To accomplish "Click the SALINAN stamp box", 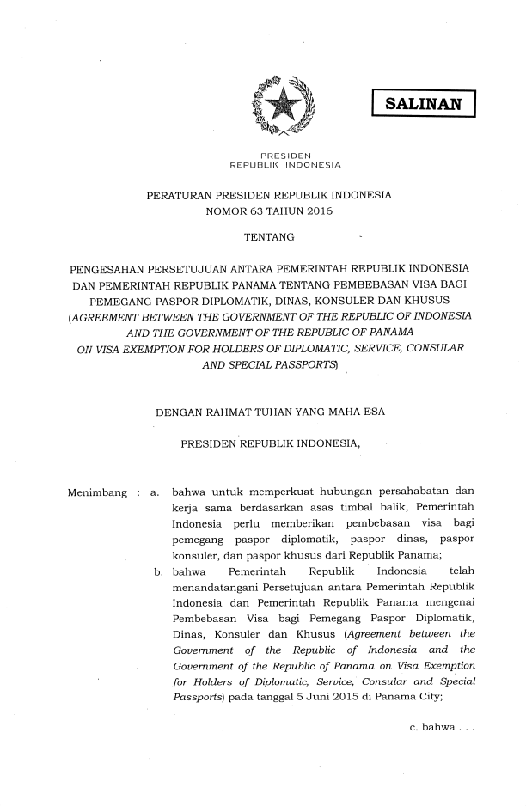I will [423, 105].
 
